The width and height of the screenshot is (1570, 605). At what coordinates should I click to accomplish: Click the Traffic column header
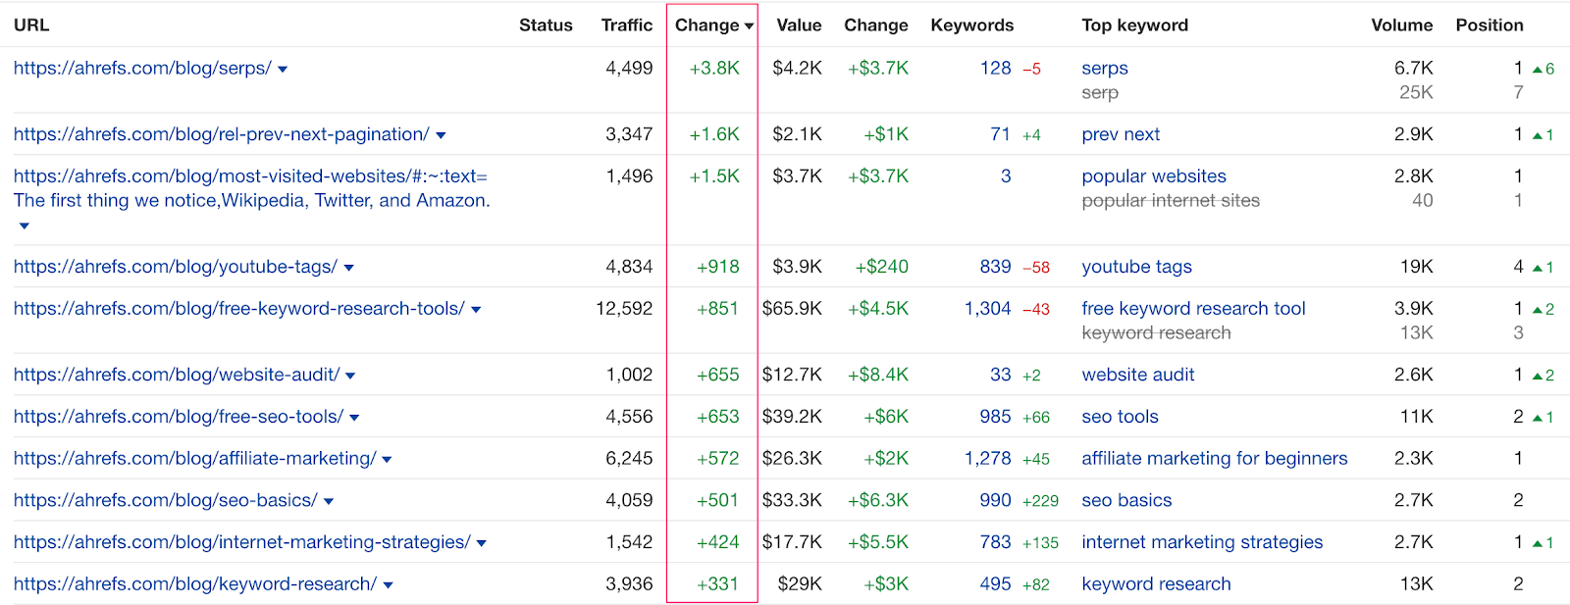[626, 25]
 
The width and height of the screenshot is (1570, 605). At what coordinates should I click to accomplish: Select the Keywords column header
[971, 25]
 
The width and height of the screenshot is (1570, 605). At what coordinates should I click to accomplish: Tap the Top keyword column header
[1134, 25]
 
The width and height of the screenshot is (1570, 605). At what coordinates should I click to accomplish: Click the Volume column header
[1401, 25]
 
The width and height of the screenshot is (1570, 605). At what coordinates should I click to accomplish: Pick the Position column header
[1489, 25]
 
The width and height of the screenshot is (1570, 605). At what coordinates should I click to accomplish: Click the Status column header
[546, 25]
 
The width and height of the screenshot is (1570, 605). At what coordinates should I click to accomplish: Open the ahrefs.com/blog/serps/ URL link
[142, 69]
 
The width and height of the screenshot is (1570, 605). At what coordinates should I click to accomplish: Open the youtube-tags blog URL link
[176, 267]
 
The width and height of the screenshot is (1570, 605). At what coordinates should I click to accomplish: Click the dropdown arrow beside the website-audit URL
[351, 376]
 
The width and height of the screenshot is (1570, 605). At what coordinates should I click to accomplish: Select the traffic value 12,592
[624, 309]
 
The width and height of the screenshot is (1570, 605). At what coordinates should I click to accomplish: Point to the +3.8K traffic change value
[714, 69]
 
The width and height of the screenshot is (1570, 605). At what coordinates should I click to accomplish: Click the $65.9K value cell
[792, 309]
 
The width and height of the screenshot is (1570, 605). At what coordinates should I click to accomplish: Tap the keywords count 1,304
[987, 309]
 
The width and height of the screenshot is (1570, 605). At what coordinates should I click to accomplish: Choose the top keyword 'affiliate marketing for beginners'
[1214, 459]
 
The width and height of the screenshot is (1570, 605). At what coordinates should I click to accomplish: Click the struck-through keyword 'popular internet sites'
[1170, 201]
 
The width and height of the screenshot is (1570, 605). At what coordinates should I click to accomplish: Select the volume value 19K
[1416, 267]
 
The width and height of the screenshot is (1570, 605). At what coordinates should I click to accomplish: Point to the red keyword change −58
[1036, 268]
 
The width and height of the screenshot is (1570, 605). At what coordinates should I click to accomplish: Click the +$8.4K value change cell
[878, 375]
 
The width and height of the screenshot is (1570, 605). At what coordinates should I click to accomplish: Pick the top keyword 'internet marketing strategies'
[1202, 542]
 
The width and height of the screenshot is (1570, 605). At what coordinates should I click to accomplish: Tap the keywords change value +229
[1040, 501]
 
